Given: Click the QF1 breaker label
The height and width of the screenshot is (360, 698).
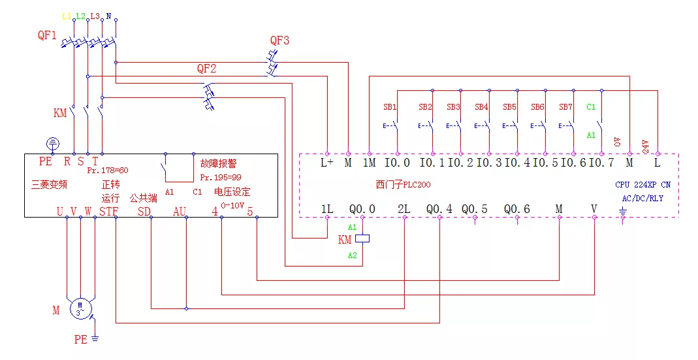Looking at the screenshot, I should coord(47,36).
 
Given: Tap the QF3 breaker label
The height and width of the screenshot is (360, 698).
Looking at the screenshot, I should coord(279,41).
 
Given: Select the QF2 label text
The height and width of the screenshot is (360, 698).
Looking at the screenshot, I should coord(206,69).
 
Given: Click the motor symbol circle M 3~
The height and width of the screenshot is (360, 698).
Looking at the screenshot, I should coord(81,308).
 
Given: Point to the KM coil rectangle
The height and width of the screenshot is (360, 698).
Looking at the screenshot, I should coord(362,238).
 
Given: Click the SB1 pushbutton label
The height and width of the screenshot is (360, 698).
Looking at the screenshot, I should coord(390,106).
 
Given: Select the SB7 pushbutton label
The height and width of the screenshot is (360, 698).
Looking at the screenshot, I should coord(565,106).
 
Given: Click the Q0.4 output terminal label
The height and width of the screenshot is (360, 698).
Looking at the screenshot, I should coord(439,209).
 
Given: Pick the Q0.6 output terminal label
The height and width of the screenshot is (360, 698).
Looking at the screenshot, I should coord(516,209).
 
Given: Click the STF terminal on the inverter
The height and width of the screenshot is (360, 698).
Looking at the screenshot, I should coord(109,211).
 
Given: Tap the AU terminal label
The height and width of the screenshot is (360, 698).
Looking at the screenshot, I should coord(180,211).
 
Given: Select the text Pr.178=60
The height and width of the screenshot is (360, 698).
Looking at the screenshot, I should coord(108,171).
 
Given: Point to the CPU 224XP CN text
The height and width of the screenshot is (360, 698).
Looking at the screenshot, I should coord(642,185).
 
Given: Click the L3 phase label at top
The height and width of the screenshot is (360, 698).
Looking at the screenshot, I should coord(95,15).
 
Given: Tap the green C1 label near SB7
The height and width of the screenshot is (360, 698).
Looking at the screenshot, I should coord(591,106).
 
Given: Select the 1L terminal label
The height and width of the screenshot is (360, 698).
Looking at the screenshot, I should coord(327,209).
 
